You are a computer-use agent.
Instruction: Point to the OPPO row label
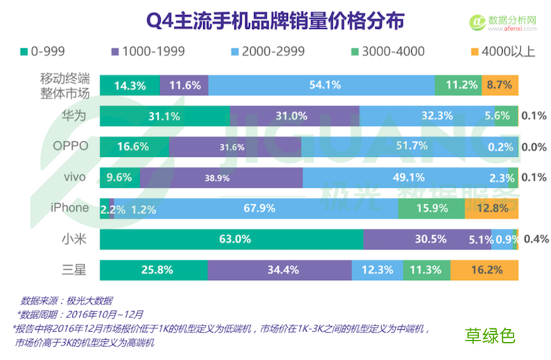tap(71, 146)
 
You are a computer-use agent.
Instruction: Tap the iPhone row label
tap(69, 208)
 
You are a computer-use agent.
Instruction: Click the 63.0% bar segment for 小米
tap(231, 239)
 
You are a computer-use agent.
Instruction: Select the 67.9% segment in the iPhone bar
tap(256, 208)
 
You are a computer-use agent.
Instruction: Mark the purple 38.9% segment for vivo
tap(221, 177)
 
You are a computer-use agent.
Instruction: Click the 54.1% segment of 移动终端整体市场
tap(321, 85)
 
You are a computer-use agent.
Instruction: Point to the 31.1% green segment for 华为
tap(164, 115)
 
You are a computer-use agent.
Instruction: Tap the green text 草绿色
tap(490, 336)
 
